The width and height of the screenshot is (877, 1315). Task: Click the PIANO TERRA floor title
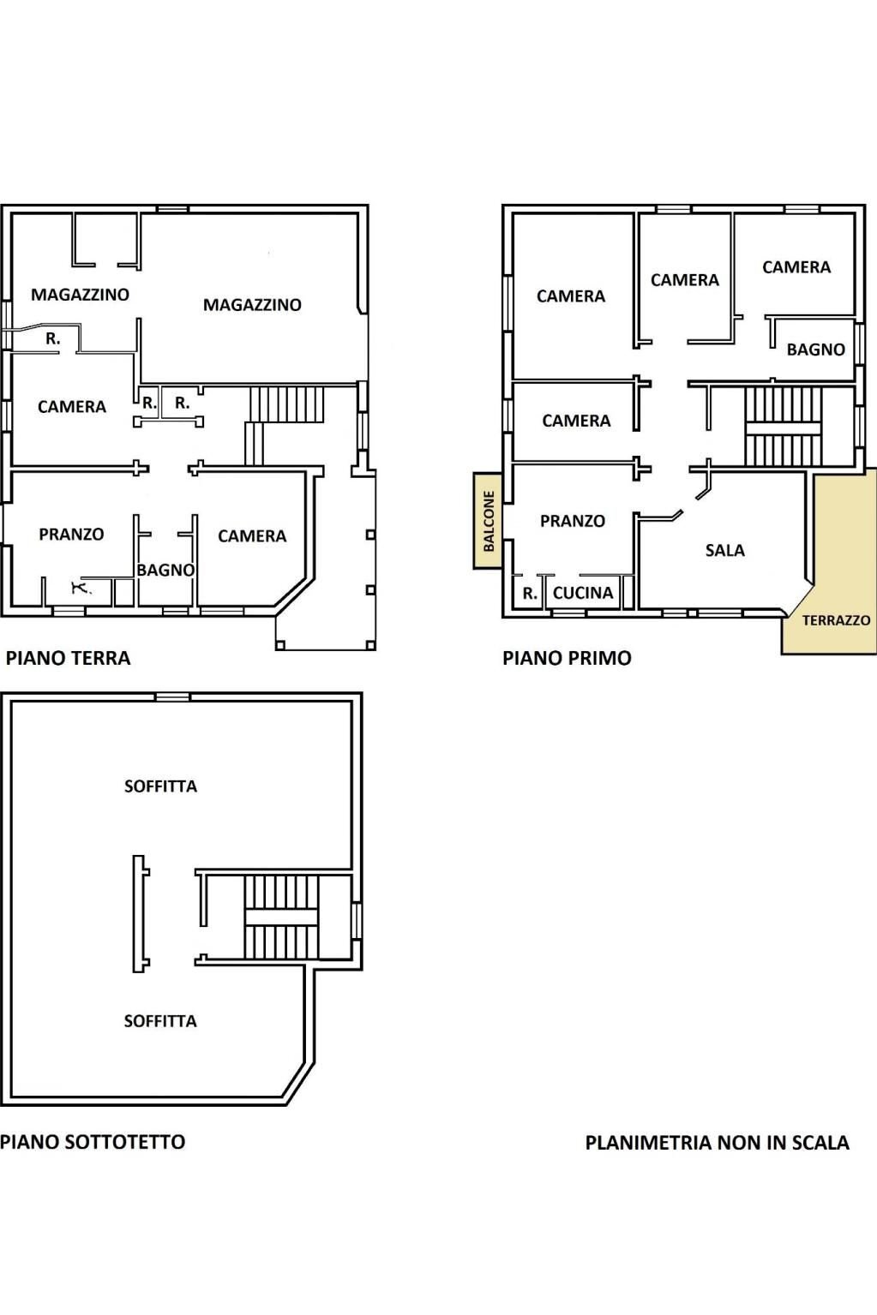pos(68,658)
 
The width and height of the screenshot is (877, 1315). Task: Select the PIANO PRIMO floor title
pos(567,658)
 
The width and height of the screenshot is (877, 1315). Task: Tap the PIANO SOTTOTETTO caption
pos(93,1142)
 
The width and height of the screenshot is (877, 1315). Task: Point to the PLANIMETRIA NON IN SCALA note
pos(717,1143)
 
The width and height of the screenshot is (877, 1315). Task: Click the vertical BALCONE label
pos(489,521)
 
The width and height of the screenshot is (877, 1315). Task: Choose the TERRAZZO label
pos(836,620)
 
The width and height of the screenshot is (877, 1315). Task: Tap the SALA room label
pos(724,550)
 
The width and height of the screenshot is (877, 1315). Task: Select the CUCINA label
pos(583,593)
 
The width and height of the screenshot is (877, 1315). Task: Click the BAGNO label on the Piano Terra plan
pos(165,570)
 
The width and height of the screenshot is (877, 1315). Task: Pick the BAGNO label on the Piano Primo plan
pos(815,350)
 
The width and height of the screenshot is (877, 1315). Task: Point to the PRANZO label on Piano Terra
pos(71,535)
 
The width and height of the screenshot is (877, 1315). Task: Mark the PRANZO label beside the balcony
pos(572,521)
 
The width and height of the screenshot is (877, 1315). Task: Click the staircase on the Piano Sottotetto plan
pos(281,917)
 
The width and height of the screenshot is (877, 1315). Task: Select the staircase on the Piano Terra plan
pos(286,404)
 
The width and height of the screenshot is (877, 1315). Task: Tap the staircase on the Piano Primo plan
pos(782,427)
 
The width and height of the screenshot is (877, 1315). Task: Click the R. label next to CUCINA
pos(529,593)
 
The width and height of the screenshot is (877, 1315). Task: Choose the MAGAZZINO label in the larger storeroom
pos(252,305)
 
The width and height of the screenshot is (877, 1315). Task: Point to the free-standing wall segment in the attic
pos(140,914)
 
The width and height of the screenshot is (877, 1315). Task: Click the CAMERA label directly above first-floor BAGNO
pos(796,267)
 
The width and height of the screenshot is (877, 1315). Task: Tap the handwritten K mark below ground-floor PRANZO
pos(80,588)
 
